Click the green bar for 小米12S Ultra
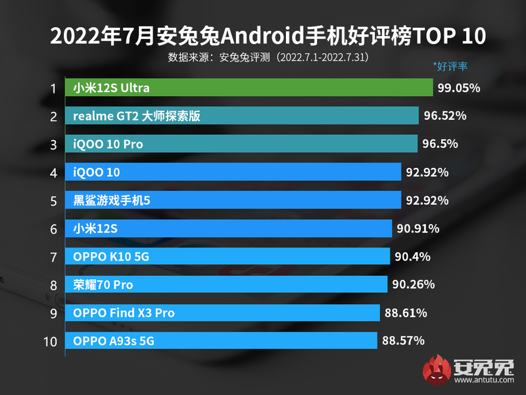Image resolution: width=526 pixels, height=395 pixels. (x=249, y=88)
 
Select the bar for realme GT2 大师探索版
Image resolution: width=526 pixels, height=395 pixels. (x=242, y=116)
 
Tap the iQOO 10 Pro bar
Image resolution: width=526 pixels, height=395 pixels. (x=241, y=144)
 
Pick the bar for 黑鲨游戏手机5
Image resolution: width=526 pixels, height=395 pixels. (x=233, y=200)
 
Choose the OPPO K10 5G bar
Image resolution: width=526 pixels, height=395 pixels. (x=228, y=256)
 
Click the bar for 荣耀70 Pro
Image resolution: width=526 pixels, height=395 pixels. (x=226, y=284)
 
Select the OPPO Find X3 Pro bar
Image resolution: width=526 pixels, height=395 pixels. (x=223, y=313)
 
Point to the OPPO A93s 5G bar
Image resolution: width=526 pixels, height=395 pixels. (x=221, y=341)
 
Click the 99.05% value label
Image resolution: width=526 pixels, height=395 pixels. (x=459, y=88)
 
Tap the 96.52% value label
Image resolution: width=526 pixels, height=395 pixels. (x=445, y=116)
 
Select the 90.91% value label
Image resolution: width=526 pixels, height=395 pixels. (x=418, y=228)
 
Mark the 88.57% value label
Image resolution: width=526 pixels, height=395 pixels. (x=403, y=341)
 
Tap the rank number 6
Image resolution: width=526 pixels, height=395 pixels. (x=53, y=228)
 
